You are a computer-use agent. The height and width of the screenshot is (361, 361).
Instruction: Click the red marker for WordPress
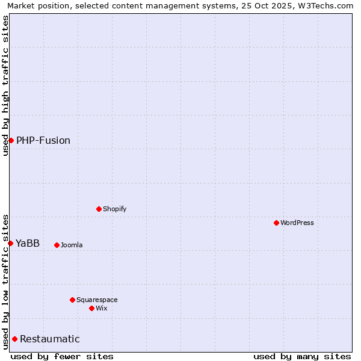[x=276, y=223]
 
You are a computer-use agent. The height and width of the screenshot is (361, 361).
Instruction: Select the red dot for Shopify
[x=99, y=209]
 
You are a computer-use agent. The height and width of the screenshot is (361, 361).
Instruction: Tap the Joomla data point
[x=57, y=245]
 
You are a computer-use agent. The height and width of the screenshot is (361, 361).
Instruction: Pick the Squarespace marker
[x=72, y=300]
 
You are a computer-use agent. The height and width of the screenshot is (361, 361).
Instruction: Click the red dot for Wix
[x=91, y=308]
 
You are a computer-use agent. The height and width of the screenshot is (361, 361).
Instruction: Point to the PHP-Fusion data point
[x=11, y=140]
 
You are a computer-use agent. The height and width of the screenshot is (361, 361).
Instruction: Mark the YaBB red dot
[x=10, y=243]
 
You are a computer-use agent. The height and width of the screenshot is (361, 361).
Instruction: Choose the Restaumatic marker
[x=14, y=339]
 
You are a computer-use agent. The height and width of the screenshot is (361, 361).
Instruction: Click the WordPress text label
[x=297, y=223]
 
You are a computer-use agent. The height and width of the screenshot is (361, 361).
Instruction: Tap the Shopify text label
[x=114, y=209]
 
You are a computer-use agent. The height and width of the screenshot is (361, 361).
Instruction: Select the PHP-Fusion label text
[x=43, y=140]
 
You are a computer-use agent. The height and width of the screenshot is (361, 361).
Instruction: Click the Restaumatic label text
[x=50, y=339]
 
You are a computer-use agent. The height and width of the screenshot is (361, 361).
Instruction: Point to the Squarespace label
[x=97, y=300]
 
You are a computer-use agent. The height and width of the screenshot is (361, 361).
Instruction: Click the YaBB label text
[x=28, y=243]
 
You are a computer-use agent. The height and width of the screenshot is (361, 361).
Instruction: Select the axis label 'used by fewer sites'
[x=62, y=356]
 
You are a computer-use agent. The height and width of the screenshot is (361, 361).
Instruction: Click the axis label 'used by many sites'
[x=302, y=356]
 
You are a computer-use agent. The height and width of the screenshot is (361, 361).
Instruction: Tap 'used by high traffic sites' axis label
[x=5, y=85]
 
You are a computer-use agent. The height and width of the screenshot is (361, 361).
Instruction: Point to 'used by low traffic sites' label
[x=5, y=281]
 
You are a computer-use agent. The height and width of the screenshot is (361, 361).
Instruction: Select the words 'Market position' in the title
[x=35, y=5]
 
